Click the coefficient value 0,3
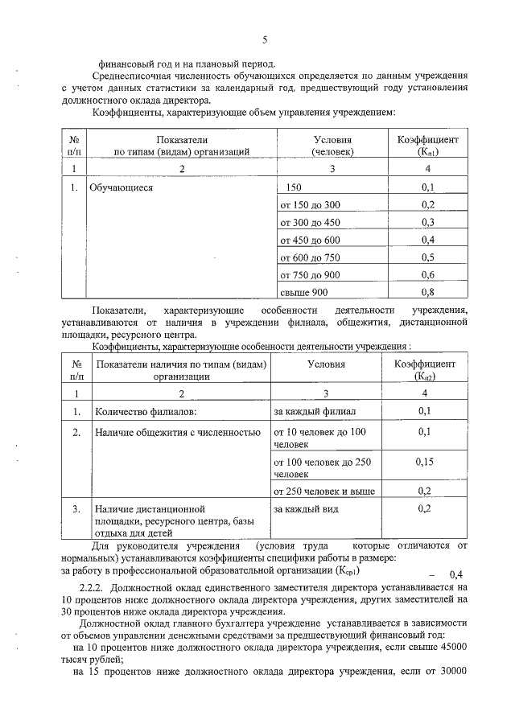click(x=427, y=222)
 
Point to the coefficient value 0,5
click(x=427, y=257)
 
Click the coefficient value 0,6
click(x=427, y=274)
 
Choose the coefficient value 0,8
click(x=427, y=291)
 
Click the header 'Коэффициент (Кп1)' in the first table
click(x=427, y=145)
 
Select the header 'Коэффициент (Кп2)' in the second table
click(x=425, y=370)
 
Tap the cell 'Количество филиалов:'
click(x=146, y=412)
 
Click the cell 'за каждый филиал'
click(x=315, y=412)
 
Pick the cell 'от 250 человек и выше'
click(x=323, y=491)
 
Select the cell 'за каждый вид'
click(x=306, y=509)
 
